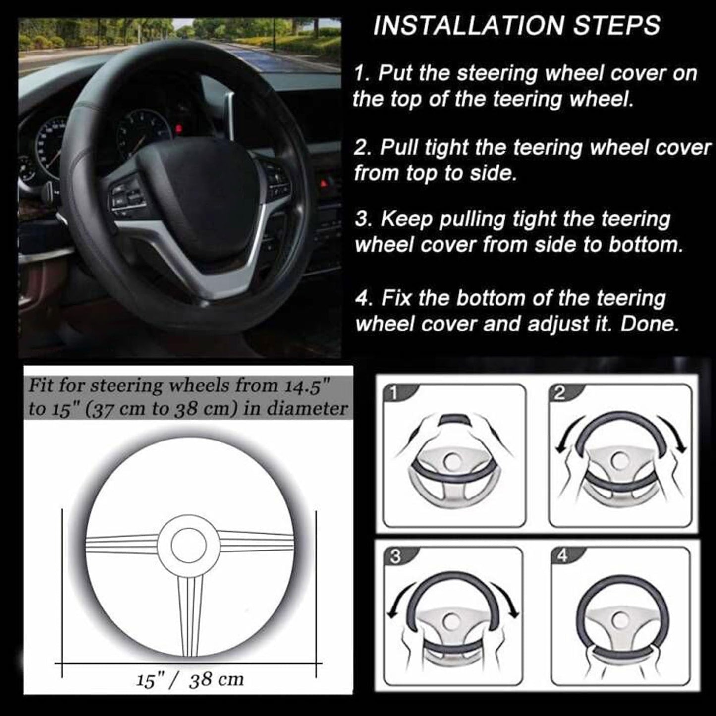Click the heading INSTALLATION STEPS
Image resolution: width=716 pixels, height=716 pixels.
[x=516, y=26]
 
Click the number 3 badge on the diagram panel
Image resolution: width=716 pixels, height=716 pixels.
[x=395, y=556]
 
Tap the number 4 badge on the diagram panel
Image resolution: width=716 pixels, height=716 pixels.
[x=562, y=556]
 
